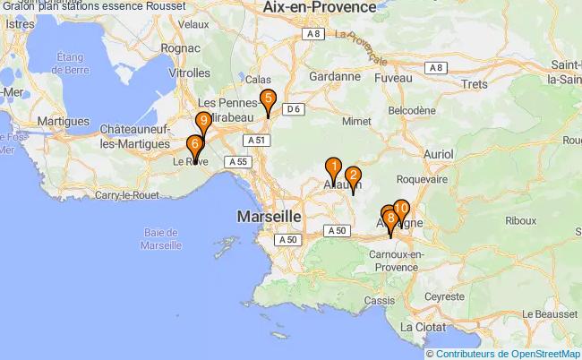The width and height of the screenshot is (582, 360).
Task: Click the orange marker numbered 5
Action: (267, 100)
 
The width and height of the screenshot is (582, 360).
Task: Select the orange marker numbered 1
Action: (333, 167)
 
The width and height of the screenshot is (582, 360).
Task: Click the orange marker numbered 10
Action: (401, 210)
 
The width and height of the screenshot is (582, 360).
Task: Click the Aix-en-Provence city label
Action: (319, 7)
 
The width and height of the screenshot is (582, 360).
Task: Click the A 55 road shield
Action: (236, 161)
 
